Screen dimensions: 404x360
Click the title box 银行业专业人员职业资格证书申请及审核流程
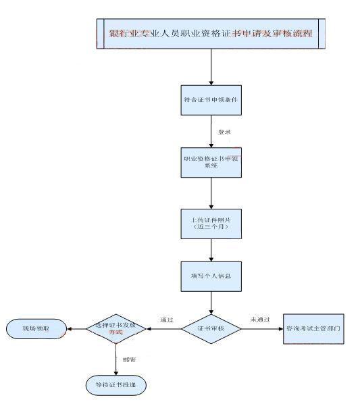(x=211, y=33)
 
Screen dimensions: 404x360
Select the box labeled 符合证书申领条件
(x=211, y=99)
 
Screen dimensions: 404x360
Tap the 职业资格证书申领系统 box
(x=211, y=163)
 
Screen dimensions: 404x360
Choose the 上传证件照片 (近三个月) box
(x=211, y=224)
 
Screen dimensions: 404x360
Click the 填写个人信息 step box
(x=211, y=277)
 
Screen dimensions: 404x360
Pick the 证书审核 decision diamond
(x=211, y=329)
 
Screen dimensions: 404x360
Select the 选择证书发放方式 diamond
(x=116, y=329)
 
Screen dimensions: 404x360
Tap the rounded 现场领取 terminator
(x=36, y=329)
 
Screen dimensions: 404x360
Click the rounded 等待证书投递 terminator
(x=116, y=384)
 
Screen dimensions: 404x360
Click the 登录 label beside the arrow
(x=224, y=132)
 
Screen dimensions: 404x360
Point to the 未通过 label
(x=260, y=319)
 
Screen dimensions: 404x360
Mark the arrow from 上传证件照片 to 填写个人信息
(x=211, y=250)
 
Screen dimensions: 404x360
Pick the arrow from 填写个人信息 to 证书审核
(x=211, y=302)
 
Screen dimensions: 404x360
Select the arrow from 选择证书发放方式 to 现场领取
(x=76, y=329)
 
